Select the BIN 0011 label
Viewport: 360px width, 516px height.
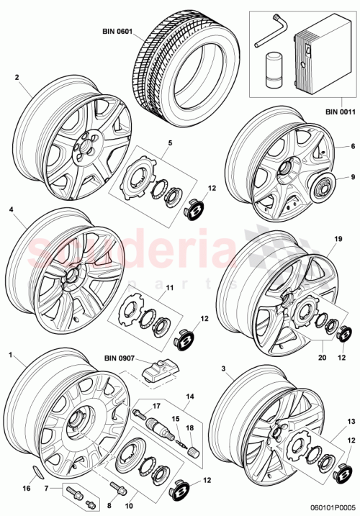pyautogui.click(x=340, y=112)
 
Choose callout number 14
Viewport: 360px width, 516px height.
pyautogui.click(x=190, y=397)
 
